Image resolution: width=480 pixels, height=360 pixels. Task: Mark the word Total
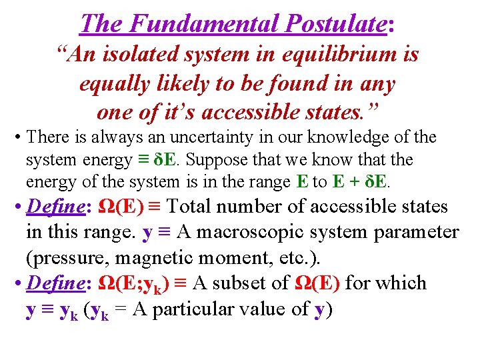pyautogui.click(x=203, y=206)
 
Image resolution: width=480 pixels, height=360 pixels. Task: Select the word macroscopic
pyautogui.click(x=244, y=232)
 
